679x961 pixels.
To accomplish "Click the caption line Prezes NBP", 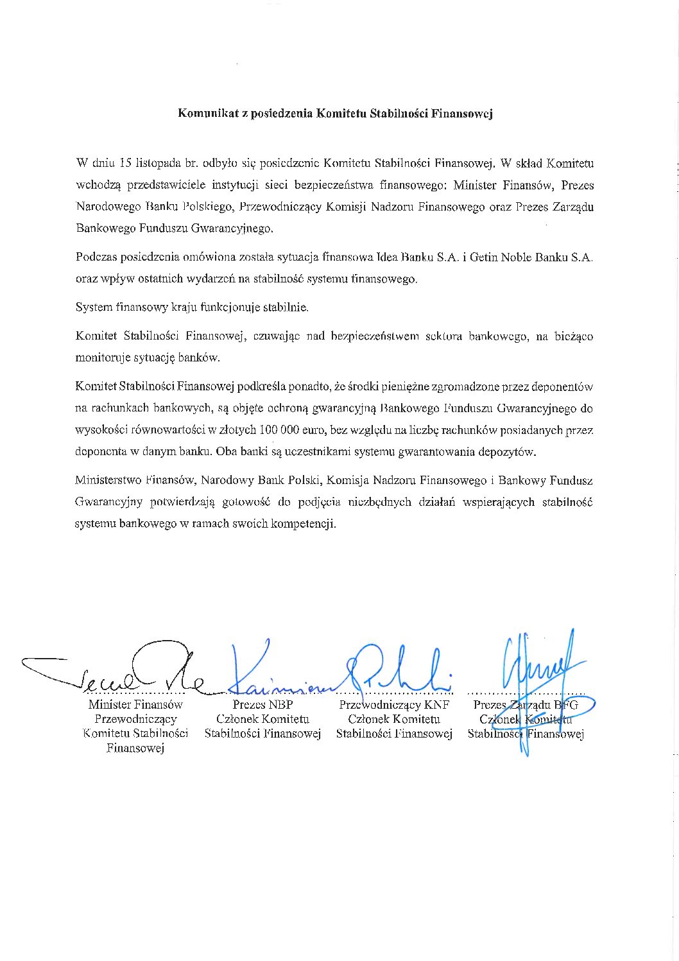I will pos(262,705).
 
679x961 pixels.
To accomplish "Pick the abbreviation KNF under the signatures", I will pos(436,705).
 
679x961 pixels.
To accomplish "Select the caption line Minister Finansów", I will pos(135,705).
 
